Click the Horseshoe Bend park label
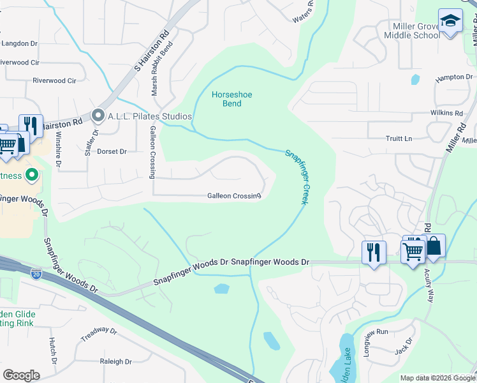click(x=231, y=99)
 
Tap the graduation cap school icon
click(x=450, y=22)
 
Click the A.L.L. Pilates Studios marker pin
click(x=98, y=116)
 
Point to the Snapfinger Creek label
click(x=296, y=176)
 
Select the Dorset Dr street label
click(x=112, y=152)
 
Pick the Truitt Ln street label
click(x=399, y=139)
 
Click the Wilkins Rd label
click(x=446, y=113)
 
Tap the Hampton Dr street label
click(x=450, y=77)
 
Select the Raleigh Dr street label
click(x=115, y=361)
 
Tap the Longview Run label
click(x=376, y=332)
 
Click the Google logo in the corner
click(x=21, y=375)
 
